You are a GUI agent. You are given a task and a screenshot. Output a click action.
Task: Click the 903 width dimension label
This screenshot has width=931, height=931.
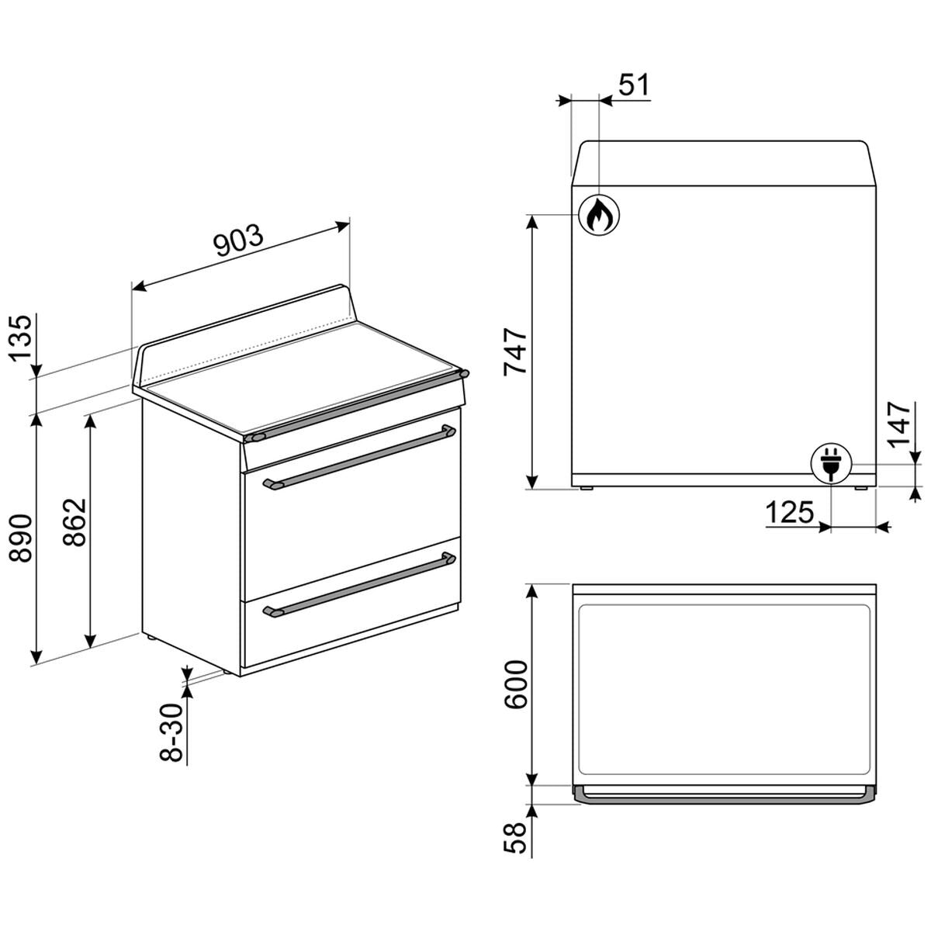coord(240,240)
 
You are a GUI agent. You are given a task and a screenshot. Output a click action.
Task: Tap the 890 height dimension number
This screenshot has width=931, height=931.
coord(21,538)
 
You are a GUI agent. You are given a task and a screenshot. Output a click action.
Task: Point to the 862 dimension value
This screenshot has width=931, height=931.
coord(74,522)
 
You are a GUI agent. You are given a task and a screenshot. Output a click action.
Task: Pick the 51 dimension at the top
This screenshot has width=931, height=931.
coord(634,85)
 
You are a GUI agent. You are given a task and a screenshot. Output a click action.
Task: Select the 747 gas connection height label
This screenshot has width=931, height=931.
coord(514,352)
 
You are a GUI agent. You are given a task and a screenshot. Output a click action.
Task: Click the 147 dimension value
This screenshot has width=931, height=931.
coord(898,425)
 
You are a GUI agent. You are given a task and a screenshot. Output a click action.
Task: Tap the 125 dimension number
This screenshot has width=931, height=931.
coord(790,512)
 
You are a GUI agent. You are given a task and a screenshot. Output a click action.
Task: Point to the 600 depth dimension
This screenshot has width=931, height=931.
coord(515,685)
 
